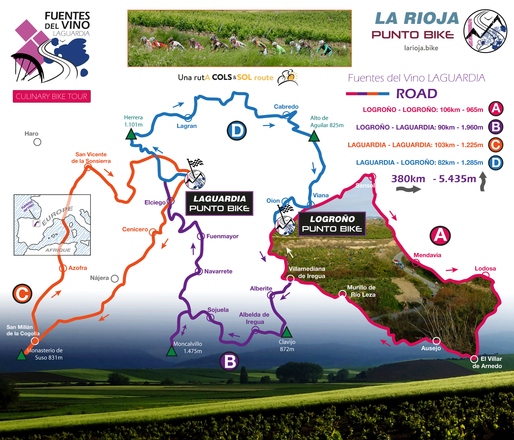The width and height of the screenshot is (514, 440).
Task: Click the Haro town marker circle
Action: click(x=37, y=142)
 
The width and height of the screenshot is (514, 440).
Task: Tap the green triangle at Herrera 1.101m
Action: click(x=131, y=135)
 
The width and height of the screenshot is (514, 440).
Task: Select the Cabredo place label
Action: click(x=286, y=107)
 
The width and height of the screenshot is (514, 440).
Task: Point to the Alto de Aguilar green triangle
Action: click(x=314, y=136)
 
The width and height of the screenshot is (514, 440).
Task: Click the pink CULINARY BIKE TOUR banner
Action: click(x=52, y=96)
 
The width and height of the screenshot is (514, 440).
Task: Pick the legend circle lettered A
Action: click(x=496, y=109)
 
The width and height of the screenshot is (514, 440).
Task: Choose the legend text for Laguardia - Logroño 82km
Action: click(x=419, y=162)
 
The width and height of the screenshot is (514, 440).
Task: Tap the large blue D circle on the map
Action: click(x=237, y=131)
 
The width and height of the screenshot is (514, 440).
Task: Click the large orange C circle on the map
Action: click(x=22, y=294)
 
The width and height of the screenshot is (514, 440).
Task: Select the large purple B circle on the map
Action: click(x=230, y=361)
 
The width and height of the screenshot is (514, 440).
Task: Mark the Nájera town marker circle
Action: click(x=115, y=279)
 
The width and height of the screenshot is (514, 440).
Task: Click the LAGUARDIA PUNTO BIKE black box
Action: click(x=219, y=204)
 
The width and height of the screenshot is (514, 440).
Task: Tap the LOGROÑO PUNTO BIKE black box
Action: click(x=332, y=224)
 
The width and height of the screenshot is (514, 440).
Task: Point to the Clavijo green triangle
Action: click(x=286, y=332)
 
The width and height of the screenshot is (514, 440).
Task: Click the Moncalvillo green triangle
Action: click(x=171, y=351)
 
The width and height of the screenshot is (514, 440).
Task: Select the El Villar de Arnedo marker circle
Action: click(x=474, y=359)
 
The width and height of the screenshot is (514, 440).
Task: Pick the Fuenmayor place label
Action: click(x=222, y=236)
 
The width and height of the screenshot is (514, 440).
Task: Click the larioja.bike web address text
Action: click(x=421, y=48)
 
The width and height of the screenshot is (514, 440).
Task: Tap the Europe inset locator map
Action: click(x=52, y=225)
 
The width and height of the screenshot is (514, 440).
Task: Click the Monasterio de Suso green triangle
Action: click(x=21, y=355)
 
